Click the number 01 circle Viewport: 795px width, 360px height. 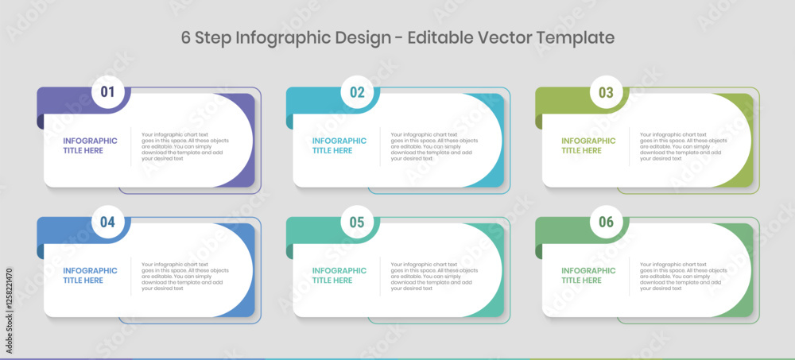point(107,92)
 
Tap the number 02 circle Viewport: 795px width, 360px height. point(357,92)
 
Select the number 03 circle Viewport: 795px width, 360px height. point(606,92)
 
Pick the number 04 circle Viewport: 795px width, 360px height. point(107,222)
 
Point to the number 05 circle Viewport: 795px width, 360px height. point(357,222)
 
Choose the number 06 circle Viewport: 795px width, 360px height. point(606,222)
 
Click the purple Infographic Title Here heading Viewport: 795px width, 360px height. point(90,145)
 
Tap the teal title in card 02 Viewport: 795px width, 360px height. point(339,145)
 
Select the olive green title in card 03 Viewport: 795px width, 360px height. point(588,145)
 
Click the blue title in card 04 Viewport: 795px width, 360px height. point(90,275)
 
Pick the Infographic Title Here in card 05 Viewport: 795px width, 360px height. point(339,275)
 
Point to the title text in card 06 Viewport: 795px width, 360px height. point(588,275)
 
